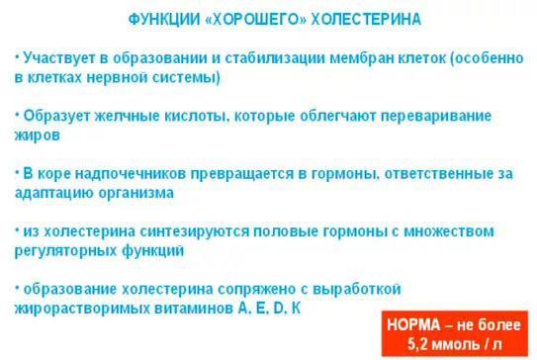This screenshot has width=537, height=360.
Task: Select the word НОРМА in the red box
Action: [x=412, y=324]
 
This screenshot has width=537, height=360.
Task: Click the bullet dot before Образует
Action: [x=18, y=112]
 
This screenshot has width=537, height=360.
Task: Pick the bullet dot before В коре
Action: [x=18, y=170]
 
